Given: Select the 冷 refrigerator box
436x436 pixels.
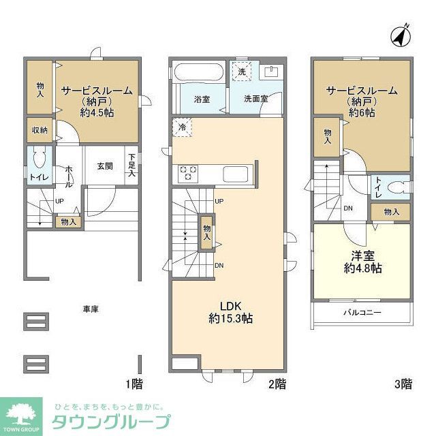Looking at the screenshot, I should [182, 127].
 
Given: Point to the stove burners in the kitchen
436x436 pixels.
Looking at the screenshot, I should [188, 174].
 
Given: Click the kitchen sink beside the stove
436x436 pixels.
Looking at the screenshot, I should [237, 174].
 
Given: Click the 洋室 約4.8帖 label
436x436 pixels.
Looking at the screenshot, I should [362, 261].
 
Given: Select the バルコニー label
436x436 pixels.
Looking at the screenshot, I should [361, 313].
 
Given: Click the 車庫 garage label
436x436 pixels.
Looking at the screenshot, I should [91, 309].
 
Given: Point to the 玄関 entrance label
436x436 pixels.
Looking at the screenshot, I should [104, 166].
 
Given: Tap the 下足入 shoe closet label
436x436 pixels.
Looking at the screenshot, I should [131, 166].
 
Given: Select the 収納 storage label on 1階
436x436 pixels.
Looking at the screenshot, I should [39, 130].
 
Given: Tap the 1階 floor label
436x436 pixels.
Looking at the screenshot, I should [135, 384].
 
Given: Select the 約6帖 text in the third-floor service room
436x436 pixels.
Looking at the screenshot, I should [361, 112].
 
